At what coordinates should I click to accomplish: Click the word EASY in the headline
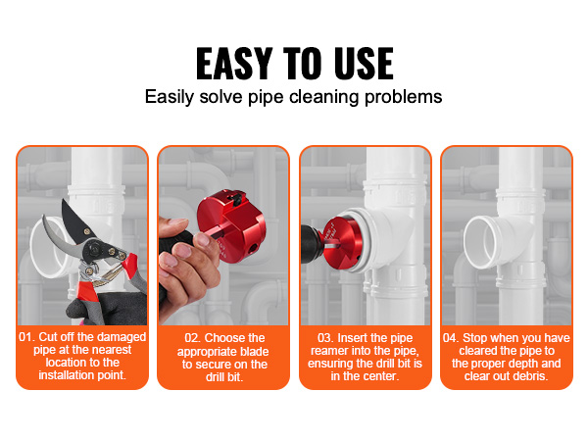point(233,64)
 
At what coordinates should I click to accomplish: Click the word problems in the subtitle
point(404,97)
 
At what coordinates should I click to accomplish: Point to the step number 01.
point(26,337)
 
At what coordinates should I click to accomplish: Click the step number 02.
point(193,338)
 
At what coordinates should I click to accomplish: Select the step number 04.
point(451,338)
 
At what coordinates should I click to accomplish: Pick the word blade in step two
point(255,352)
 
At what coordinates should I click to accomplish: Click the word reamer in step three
point(327,351)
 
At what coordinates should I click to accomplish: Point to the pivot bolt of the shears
point(94,248)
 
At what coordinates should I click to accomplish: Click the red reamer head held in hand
point(231,226)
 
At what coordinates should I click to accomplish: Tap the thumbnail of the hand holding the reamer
point(203,239)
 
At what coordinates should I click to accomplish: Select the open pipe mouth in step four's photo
point(483,243)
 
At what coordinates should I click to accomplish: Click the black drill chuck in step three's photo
point(312,245)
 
